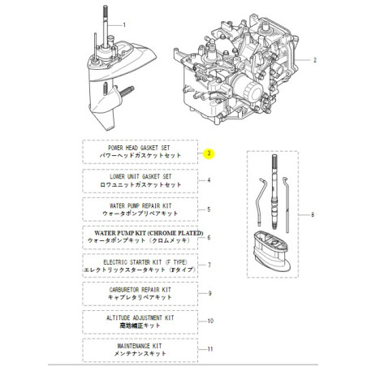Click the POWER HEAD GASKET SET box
point(139,152)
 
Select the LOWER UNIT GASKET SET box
point(139,180)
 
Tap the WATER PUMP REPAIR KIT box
point(139,209)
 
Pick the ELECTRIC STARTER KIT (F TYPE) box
point(139,266)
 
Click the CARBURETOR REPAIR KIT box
point(139,293)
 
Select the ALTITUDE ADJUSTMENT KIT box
point(139,322)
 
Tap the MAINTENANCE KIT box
point(139,350)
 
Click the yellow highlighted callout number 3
point(209,153)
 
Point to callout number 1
point(124,26)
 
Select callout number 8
point(312,214)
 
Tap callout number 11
point(209,350)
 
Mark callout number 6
point(209,238)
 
